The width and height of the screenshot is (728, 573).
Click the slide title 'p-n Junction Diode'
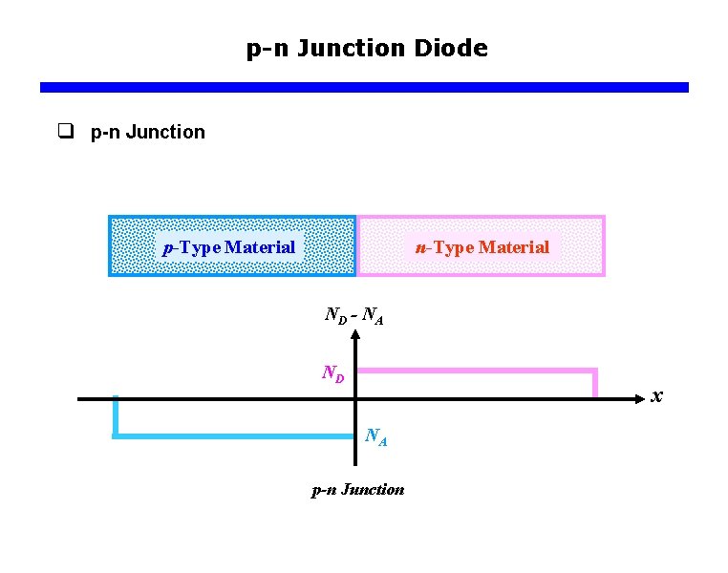[x=367, y=48]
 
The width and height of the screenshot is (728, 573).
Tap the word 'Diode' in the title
[x=451, y=48]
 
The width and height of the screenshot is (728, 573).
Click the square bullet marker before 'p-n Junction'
[x=66, y=132]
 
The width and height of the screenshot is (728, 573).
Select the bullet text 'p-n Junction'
[x=148, y=132]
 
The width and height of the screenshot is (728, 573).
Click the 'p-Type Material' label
[x=229, y=247]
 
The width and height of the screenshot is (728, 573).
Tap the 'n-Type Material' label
[x=482, y=247]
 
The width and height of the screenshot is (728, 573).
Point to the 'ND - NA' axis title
[x=353, y=314]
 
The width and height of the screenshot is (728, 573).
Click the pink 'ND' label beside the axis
[x=332, y=372]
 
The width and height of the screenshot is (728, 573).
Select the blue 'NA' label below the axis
[x=375, y=437]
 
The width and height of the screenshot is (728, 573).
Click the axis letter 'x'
[x=656, y=394]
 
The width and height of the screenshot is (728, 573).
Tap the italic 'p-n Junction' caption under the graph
[x=358, y=490]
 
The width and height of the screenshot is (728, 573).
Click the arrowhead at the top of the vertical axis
[x=355, y=335]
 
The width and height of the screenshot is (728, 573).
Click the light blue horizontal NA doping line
[x=234, y=436]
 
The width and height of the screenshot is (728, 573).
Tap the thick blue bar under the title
[x=364, y=87]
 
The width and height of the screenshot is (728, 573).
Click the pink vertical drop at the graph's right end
[x=595, y=383]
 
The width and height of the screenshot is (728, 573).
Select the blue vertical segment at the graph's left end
[x=115, y=417]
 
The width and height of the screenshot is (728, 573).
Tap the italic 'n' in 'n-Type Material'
[x=419, y=247]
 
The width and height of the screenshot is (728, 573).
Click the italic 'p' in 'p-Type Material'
[x=168, y=248]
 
